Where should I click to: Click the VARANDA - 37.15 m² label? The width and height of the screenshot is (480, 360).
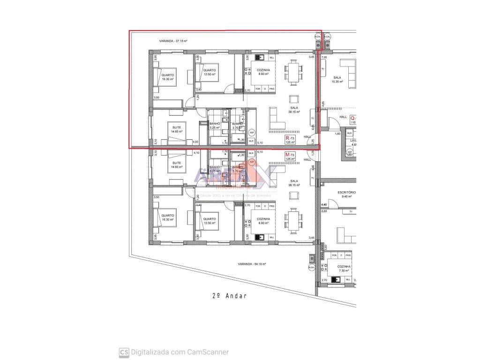[x=173, y=41]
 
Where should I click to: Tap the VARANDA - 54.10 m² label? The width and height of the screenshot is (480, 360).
[x=252, y=264]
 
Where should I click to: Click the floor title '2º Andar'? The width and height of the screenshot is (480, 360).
[x=229, y=296]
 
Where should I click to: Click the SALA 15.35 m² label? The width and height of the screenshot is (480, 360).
[x=337, y=80]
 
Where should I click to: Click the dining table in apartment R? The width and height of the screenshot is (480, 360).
[x=293, y=73]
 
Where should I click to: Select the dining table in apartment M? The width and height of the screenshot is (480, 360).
[x=293, y=220]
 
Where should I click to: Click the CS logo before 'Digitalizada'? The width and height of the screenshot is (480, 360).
[x=124, y=352]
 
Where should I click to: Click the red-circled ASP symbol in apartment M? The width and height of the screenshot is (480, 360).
[x=252, y=162]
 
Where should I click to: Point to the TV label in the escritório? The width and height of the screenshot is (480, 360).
[x=350, y=212]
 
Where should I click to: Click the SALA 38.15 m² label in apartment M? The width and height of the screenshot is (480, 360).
[x=294, y=183]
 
